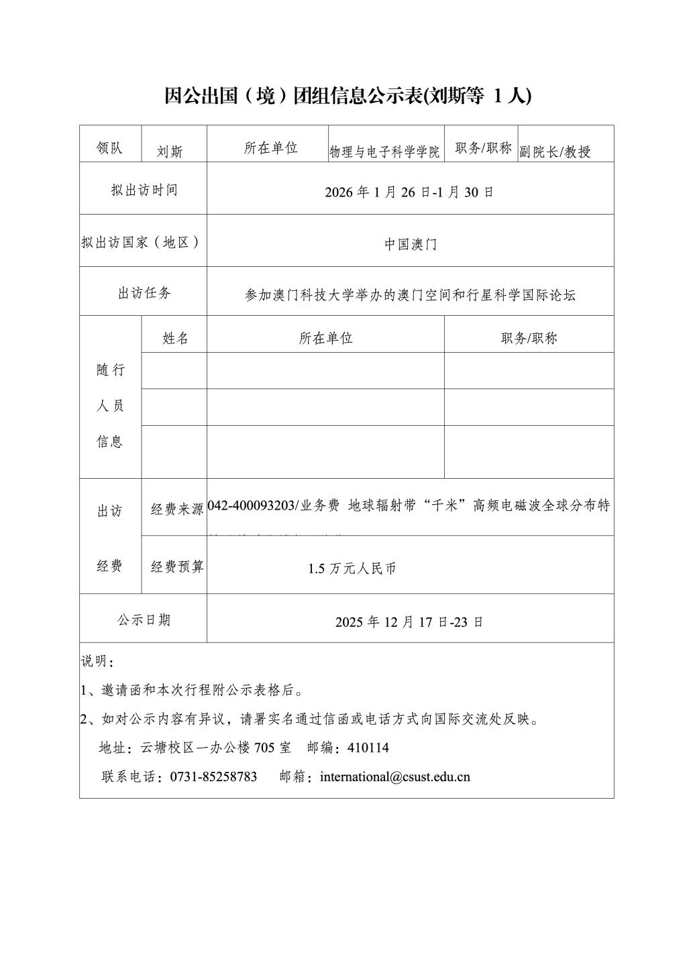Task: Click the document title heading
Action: [348, 97]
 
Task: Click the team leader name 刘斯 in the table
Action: [170, 152]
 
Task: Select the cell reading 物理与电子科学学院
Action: [384, 152]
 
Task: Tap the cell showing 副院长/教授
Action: [555, 152]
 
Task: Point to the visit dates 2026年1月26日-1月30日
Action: [409, 192]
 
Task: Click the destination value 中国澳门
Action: [411, 245]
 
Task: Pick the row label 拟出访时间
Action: [144, 190]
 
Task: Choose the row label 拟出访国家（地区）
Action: [142, 242]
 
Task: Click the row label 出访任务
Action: [144, 293]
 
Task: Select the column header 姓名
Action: [175, 339]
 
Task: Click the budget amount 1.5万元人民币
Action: [352, 569]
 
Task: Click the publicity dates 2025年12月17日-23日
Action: [409, 622]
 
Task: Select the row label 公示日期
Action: [144, 620]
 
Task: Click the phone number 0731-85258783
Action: [214, 777]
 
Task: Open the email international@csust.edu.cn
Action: [395, 777]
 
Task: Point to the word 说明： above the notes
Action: [98, 662]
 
